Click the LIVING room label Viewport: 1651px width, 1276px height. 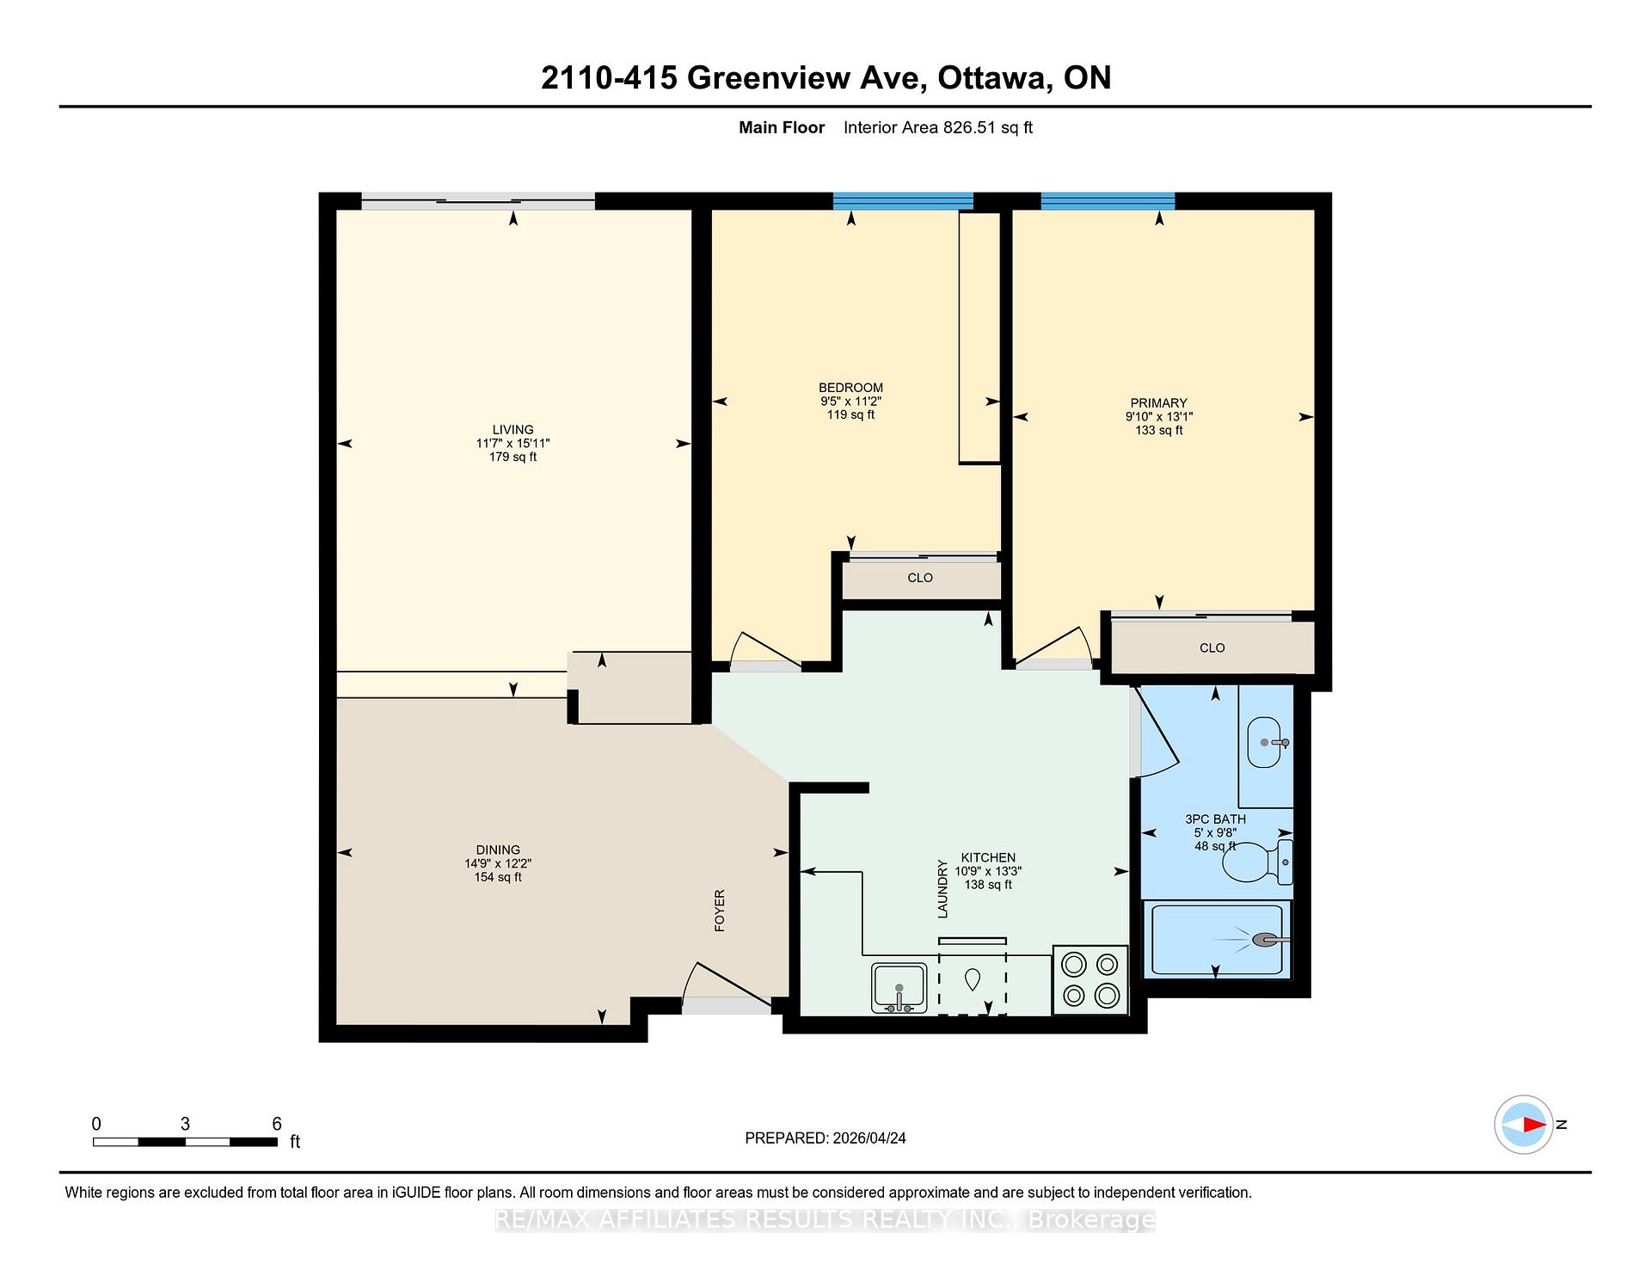(x=512, y=430)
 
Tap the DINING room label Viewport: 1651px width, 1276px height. (x=498, y=850)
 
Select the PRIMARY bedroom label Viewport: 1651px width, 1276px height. (x=1158, y=402)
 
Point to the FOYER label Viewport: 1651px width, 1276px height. (x=720, y=911)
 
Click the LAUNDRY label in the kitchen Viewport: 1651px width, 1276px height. (x=942, y=889)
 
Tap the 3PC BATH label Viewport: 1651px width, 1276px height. (x=1215, y=819)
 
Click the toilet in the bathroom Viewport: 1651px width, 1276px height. (x=1257, y=862)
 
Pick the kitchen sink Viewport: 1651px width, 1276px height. (x=899, y=988)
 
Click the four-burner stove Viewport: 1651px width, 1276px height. (x=1090, y=979)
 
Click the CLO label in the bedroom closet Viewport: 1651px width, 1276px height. (x=920, y=578)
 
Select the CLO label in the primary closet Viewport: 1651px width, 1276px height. (x=1212, y=647)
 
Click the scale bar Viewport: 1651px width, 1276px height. (x=185, y=1142)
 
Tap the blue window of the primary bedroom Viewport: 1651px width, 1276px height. (x=1108, y=200)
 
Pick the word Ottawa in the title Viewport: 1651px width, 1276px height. (x=994, y=78)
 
